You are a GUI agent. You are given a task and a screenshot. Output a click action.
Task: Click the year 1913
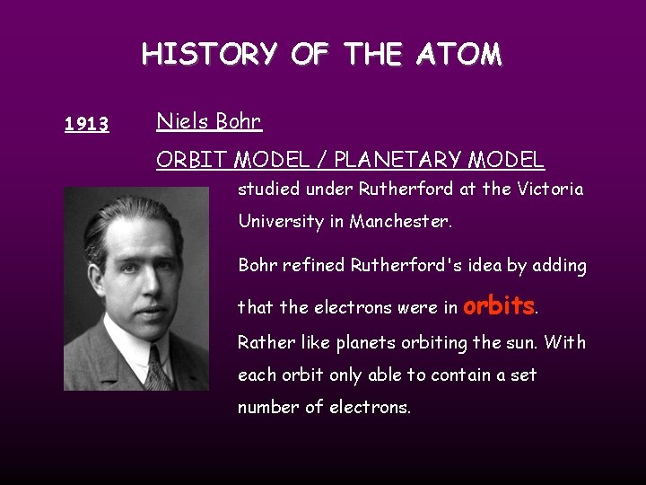pyautogui.click(x=87, y=125)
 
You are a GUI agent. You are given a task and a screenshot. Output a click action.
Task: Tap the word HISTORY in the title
pyautogui.click(x=210, y=55)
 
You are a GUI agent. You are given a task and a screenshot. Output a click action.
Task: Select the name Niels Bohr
pyautogui.click(x=209, y=120)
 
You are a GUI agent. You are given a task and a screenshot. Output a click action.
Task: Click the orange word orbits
pyautogui.click(x=499, y=305)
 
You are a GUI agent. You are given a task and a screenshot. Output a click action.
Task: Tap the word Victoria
pyautogui.click(x=550, y=190)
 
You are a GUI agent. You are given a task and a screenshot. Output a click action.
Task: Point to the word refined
pyautogui.click(x=314, y=265)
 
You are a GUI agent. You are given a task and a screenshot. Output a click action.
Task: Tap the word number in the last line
pyautogui.click(x=267, y=407)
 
